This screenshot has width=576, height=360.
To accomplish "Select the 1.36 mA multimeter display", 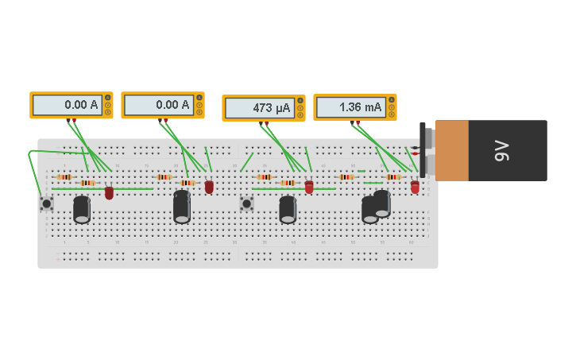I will point(350,107).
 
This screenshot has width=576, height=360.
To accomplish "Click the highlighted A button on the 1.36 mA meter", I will point(392,99).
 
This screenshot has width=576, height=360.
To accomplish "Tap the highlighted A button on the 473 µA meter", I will point(300,100).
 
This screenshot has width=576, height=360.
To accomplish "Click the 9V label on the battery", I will point(501,150).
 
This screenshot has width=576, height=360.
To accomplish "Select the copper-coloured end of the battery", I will point(451,150).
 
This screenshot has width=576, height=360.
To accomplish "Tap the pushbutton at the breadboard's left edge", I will point(47,203).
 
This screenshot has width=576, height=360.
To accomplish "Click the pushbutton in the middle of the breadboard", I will point(247,203).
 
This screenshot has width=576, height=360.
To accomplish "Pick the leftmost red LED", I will point(109,192).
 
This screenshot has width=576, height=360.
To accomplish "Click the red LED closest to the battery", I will point(415,188).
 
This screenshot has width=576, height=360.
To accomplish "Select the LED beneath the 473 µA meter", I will point(309,188).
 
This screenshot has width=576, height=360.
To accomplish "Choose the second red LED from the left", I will point(209,188).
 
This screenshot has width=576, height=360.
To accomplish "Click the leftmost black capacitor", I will point(82,210).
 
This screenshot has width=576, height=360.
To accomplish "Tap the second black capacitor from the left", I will point(182,207).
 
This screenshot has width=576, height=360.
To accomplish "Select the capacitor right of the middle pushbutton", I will point(288,210).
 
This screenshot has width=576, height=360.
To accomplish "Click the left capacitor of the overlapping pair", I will point(369,211).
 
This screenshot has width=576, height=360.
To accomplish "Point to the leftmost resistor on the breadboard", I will point(64,177).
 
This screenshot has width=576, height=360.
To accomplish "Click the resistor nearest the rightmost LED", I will point(392,177).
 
